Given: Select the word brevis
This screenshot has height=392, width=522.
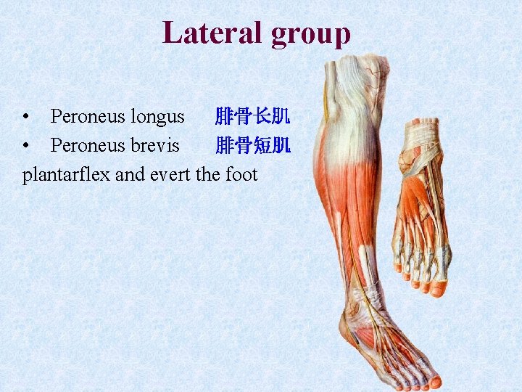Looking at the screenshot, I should tap(155, 145).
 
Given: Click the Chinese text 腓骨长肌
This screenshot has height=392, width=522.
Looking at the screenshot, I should tap(253, 116).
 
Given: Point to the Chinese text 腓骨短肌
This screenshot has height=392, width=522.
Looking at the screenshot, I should tap(253, 145).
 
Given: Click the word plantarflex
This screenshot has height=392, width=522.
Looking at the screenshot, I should tap(66, 175).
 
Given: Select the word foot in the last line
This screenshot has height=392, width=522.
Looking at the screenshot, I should tap(241, 175).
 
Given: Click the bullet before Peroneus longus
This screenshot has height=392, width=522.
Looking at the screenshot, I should tap(26, 116).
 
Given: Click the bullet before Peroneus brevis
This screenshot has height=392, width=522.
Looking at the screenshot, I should tap(26, 145).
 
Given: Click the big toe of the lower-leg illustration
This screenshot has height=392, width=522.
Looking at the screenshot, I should tap(434, 380).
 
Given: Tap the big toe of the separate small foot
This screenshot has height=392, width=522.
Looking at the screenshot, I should tap(437, 288).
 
